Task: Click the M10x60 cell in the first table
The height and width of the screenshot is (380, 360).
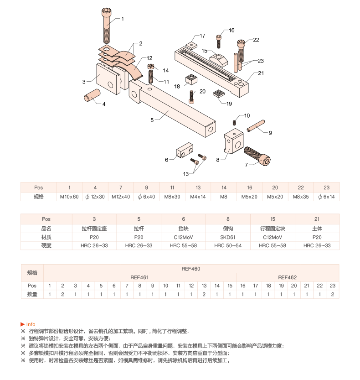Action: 69,197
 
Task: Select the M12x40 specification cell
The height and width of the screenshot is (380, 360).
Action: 121,197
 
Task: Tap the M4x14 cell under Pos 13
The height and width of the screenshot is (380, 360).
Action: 198,197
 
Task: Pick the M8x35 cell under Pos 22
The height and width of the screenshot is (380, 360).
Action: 301,197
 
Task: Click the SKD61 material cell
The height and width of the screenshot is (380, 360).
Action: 228,237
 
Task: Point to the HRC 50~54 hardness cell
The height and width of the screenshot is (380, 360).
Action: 228,245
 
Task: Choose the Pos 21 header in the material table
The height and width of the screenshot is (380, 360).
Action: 317,219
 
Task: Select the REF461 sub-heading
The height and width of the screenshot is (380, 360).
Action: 139,277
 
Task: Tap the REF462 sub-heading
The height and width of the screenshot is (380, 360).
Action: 287,277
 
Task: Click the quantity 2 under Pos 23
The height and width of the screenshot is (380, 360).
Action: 333,294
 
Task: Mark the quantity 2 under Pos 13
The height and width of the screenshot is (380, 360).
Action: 204,294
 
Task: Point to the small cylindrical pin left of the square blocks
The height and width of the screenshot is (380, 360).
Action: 92,95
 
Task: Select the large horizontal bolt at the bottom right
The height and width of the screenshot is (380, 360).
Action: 257,156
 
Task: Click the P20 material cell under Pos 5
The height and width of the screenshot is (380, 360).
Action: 139,237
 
